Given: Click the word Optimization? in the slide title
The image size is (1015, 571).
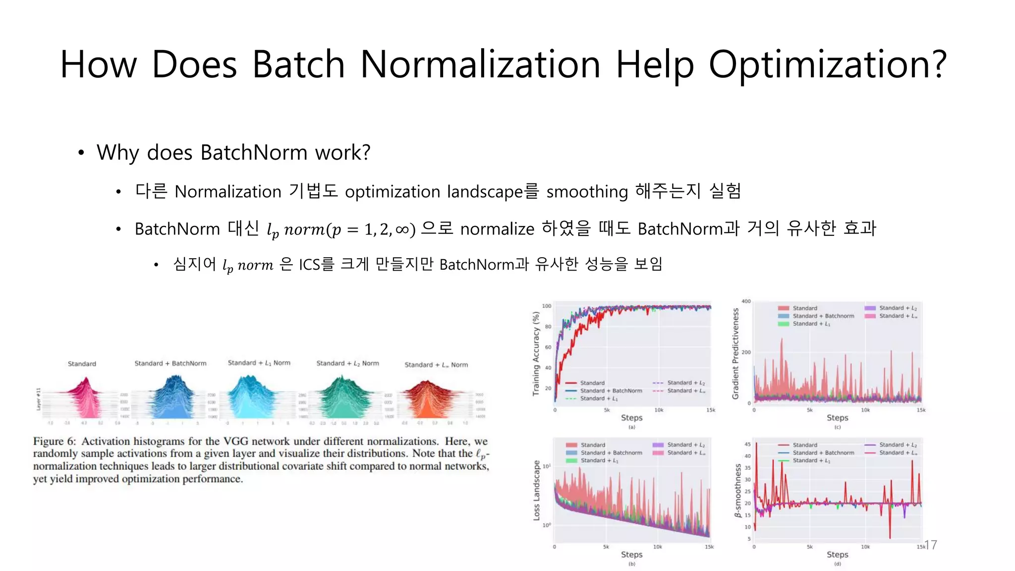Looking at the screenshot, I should pos(827,65).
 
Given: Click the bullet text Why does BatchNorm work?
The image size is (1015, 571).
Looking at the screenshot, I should pos(233,153).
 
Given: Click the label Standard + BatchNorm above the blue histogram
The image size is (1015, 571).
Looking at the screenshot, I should pos(170,363).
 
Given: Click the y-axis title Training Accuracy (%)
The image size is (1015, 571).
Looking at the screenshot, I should pos(536,353).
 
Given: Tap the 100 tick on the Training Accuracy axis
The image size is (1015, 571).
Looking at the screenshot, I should pos(546,306).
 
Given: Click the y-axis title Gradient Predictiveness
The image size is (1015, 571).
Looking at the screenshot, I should pos(735,353).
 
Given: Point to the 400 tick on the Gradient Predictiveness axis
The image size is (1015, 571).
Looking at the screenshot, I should pos(746,301).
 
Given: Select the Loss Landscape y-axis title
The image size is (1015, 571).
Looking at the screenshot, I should pos(536,490).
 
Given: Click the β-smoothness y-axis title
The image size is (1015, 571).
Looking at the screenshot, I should pos(738,491).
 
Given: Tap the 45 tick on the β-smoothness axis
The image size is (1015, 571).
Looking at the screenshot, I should pos(747,444).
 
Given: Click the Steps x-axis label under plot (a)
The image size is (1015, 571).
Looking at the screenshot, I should pos(631,418).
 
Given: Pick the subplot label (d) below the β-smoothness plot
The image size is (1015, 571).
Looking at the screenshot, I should pos(837,564).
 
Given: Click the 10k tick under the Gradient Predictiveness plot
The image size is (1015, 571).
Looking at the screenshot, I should pos(865,410).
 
